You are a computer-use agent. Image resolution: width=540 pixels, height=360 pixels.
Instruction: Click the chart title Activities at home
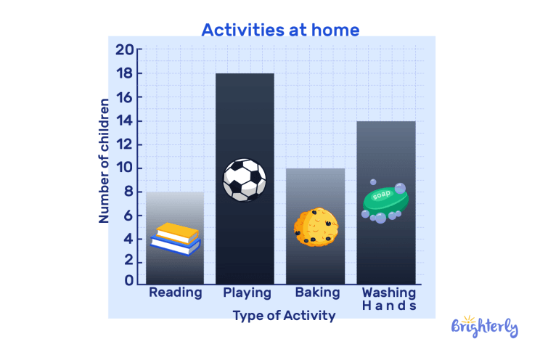pyautogui.click(x=279, y=30)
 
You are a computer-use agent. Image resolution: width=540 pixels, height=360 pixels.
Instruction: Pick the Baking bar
pyautogui.click(x=314, y=196)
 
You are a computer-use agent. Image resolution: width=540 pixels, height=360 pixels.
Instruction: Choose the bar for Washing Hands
pyautogui.click(x=386, y=160)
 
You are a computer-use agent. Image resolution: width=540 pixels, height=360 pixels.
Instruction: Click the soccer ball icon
pyautogui.click(x=244, y=180)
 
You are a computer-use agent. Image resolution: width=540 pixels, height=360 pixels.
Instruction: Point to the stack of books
pyautogui.click(x=176, y=239)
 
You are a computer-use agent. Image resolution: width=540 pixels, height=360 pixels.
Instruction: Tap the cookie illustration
pyautogui.click(x=316, y=227)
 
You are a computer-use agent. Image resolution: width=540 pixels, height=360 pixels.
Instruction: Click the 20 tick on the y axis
pyautogui.click(x=124, y=50)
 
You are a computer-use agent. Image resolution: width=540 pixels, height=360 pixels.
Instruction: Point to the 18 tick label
pyautogui.click(x=124, y=74)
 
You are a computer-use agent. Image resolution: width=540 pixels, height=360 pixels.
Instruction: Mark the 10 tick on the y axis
pyautogui.click(x=124, y=168)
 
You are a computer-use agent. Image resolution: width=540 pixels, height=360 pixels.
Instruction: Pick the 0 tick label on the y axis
pyautogui.click(x=129, y=280)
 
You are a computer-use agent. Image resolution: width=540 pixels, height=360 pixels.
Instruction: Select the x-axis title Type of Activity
pyautogui.click(x=284, y=316)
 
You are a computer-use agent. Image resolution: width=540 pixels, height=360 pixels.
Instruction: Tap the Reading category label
pyautogui.click(x=175, y=293)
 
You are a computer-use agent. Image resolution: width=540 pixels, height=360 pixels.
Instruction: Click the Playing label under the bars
pyautogui.click(x=247, y=293)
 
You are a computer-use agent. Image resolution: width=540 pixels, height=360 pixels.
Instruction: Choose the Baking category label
pyautogui.click(x=317, y=293)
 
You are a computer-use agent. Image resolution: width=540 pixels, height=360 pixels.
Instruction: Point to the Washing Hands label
pyautogui.click(x=389, y=299)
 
